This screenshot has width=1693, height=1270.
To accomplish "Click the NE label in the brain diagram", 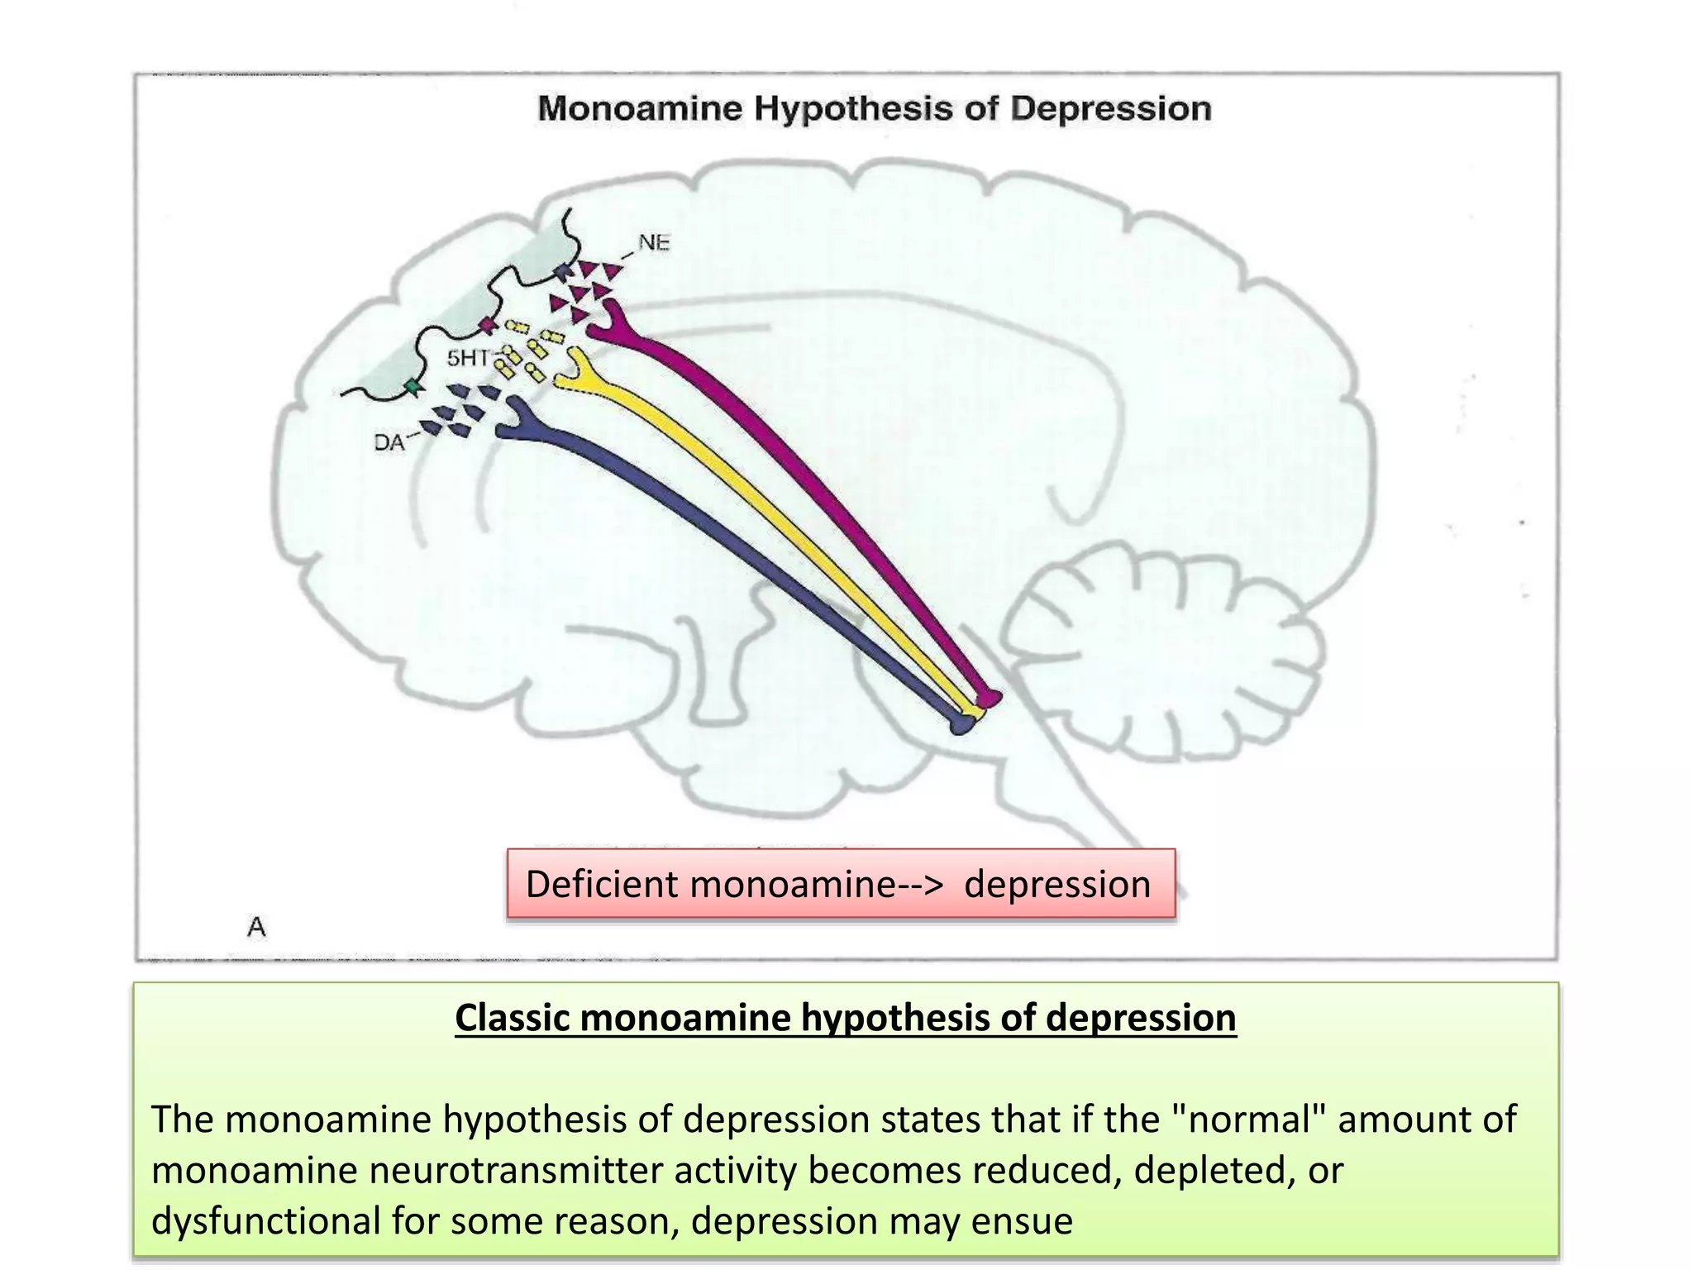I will pos(653,243).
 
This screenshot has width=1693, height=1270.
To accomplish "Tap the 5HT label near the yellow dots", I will pos(469,358).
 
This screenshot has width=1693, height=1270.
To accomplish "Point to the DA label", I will pos(389,443).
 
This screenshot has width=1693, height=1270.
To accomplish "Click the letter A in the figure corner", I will pos(256,927).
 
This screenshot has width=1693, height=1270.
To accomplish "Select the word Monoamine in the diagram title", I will pos(640,109).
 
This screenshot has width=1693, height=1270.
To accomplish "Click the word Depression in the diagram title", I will pos(1110,109).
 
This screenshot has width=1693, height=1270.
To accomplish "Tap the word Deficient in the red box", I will pos(602,884).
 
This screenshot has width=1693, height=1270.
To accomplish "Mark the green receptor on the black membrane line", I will pos(411,386).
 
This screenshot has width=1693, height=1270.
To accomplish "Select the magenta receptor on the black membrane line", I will pos(488,325).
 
